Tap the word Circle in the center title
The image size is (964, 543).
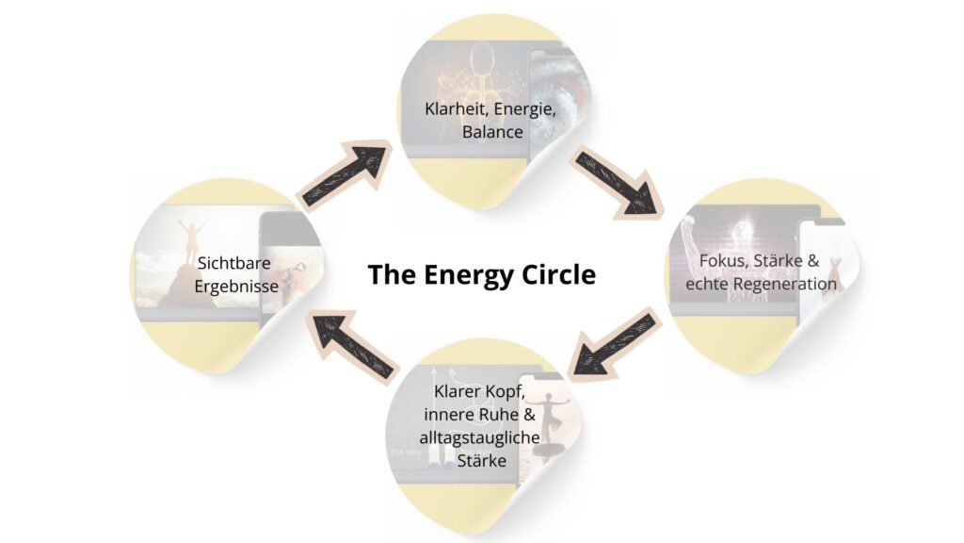tap(558, 274)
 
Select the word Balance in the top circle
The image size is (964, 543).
tap(491, 132)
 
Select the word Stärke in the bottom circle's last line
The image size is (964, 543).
tap(482, 461)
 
